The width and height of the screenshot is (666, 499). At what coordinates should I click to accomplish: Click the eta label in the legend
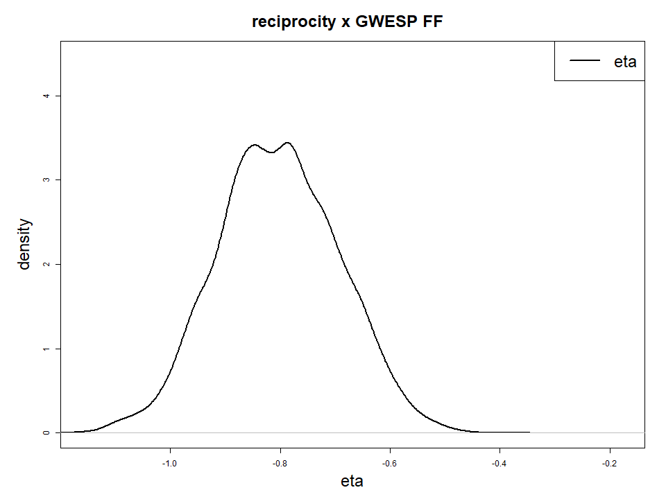[x=625, y=61]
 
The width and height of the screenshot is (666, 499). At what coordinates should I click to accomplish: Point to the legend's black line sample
[x=585, y=61]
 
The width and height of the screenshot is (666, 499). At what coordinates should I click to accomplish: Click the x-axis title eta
[x=352, y=481]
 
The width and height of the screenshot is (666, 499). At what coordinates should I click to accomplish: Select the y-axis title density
[x=25, y=243]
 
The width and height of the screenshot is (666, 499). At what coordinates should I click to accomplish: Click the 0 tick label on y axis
[x=46, y=432]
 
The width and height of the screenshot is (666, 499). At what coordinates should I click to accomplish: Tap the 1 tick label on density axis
[x=46, y=349]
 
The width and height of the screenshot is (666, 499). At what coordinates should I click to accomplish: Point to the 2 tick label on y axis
[x=46, y=264]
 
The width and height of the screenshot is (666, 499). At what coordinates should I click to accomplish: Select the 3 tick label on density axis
[x=46, y=180]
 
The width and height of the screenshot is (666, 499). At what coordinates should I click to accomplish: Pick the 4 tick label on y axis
[x=46, y=96]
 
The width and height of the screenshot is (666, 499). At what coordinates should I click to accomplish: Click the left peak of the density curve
[x=255, y=145]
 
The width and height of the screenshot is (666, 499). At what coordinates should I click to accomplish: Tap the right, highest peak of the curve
[x=287, y=143]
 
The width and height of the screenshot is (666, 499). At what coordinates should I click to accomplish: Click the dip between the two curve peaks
[x=271, y=152]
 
